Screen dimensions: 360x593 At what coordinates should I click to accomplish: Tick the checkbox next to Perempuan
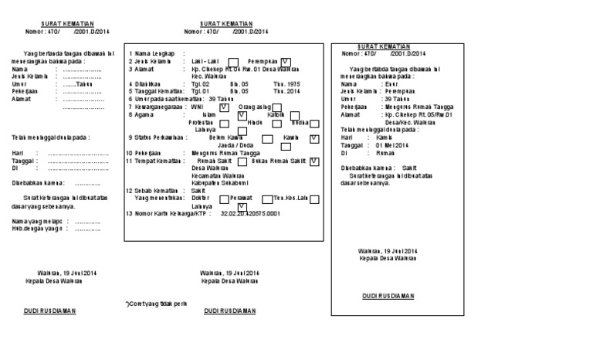[x=286, y=61]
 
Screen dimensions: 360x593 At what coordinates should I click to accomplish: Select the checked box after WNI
[x=224, y=107]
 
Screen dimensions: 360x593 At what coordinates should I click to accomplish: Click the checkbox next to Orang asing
[x=276, y=107]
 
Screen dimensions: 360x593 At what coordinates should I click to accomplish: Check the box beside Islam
[x=242, y=114]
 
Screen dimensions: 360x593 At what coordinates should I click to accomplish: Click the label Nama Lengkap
[x=153, y=53]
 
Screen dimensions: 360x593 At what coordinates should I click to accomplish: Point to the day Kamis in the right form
[x=384, y=138]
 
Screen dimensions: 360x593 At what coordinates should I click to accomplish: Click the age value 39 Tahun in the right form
[x=388, y=99]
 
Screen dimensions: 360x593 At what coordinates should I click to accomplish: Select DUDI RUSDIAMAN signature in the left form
[x=46, y=311]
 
